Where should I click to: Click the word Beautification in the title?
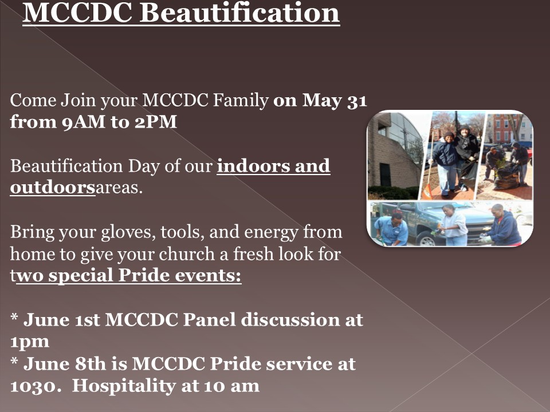pos(239,13)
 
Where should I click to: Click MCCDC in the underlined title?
pos(77,13)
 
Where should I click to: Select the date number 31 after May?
pos(357,101)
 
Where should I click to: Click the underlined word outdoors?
pos(53,187)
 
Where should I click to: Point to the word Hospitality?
pos(124,386)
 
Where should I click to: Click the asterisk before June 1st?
pos(14,317)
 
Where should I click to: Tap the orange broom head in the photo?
pos(426,192)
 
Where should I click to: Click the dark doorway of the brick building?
pos(385,175)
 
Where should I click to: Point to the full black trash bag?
pos(506,177)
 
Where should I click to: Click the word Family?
pos(241,101)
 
